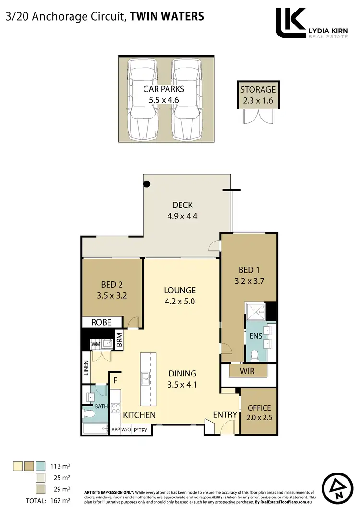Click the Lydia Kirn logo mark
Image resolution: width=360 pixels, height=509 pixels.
point(290,23)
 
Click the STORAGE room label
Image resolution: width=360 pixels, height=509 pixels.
point(258,89)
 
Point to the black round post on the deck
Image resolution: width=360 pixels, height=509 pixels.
point(147,183)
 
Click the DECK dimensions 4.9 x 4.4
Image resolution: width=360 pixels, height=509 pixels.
point(182,216)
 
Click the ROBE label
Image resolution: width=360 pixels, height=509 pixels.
point(102,322)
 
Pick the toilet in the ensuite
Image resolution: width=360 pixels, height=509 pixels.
point(255,355)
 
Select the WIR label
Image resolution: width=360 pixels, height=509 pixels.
point(248,371)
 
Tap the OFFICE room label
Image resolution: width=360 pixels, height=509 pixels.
point(259,408)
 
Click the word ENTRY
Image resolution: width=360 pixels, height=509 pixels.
point(225,415)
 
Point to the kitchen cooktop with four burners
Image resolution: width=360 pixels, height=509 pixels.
point(116,409)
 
